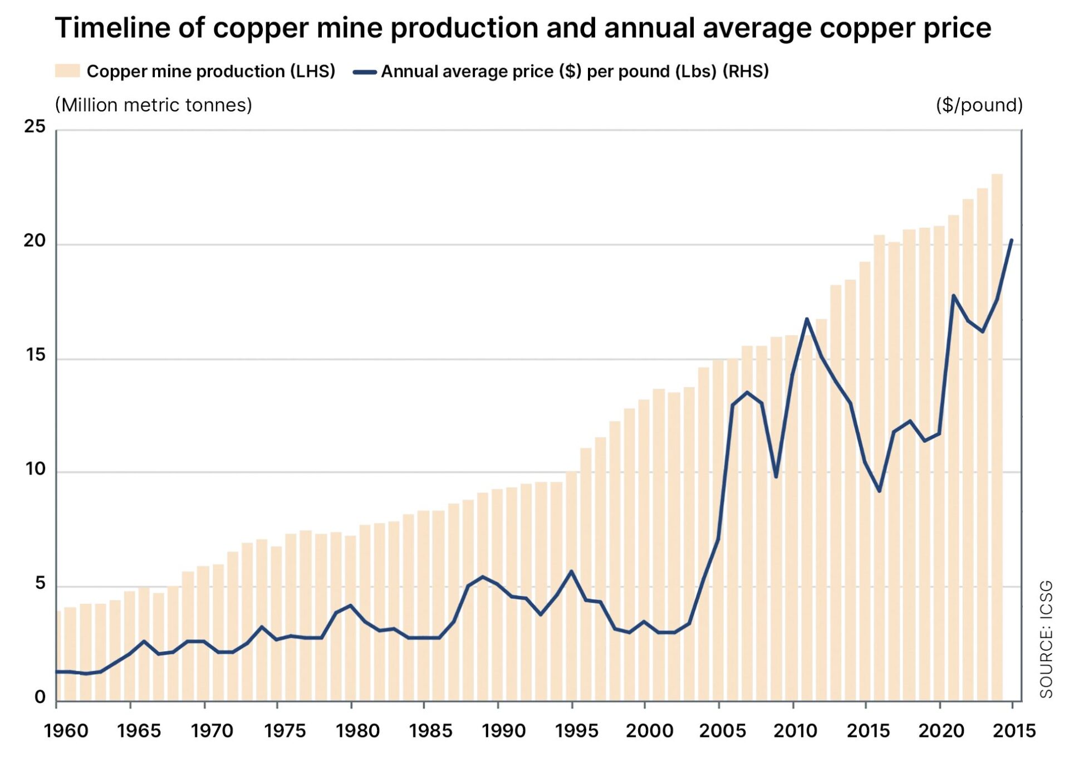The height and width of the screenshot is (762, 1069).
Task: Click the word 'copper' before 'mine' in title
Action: coord(260,28)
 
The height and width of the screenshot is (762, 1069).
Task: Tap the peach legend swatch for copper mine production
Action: coord(67,71)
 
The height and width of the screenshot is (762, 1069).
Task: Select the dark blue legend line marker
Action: coord(365,72)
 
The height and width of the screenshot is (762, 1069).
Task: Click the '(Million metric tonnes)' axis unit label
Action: coord(154,105)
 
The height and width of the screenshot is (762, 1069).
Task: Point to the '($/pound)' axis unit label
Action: coord(979,105)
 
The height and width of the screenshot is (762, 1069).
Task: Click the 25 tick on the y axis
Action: coord(35,126)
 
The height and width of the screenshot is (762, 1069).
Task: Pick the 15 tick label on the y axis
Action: coord(35,355)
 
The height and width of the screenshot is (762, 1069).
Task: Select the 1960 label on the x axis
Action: coord(66,731)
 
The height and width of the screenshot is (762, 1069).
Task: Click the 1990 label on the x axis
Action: coord(503,731)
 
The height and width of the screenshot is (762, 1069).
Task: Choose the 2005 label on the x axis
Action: coord(722,731)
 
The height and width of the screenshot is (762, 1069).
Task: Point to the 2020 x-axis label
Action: coord(941,731)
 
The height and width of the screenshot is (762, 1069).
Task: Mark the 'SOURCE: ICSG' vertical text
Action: coord(1046,638)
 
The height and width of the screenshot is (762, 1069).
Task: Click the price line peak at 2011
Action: coord(806,319)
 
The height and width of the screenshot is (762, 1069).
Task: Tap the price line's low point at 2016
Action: coord(880,491)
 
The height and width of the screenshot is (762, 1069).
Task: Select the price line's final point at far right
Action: coord(1011,241)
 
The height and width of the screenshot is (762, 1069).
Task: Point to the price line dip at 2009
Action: coord(776,477)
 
